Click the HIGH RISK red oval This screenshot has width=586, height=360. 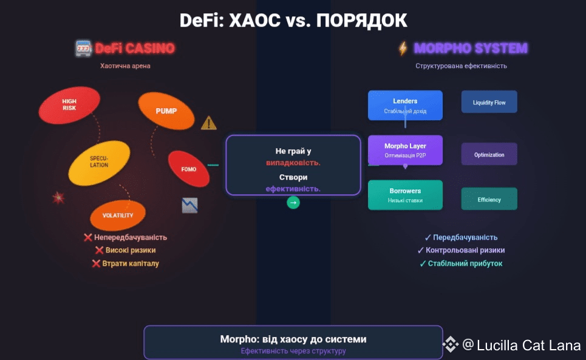coord(69,104)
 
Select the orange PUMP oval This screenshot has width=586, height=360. coord(166,111)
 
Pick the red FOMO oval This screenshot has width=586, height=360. coord(188,169)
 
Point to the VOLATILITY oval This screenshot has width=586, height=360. coord(118,215)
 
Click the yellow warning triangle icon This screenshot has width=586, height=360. coord(208,123)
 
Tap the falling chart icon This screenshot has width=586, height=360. coord(189,205)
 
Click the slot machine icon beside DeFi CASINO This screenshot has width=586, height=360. coord(83,48)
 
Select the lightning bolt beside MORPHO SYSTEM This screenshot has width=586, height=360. coord(403,48)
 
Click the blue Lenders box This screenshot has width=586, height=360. coord(405,105)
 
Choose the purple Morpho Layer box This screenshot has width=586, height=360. coord(405,150)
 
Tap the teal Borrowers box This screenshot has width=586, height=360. coord(405,195)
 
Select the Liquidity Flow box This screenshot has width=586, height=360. coord(489,103)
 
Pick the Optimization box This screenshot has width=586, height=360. coord(489,154)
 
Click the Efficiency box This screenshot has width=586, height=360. coord(489,199)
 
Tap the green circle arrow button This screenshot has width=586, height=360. coord(293,203)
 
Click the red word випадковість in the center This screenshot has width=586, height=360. coord(293,163)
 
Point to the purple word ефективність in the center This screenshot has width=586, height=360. coord(293,189)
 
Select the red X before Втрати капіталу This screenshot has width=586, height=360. coord(96,263)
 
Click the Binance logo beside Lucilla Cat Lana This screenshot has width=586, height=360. coord(450,345)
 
